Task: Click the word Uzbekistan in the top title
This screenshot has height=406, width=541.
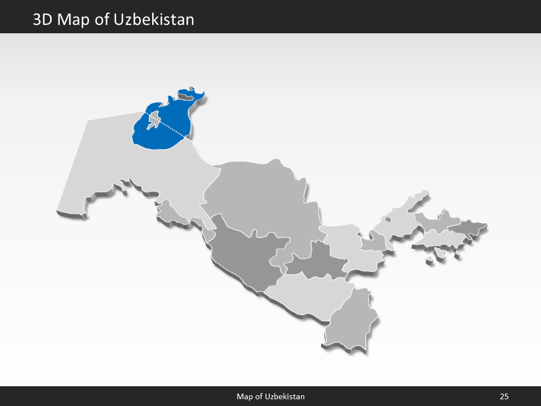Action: (153, 20)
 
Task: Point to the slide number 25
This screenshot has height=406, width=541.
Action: (504, 396)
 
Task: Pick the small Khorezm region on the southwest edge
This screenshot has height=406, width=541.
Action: (169, 211)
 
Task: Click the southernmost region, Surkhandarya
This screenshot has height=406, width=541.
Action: (349, 321)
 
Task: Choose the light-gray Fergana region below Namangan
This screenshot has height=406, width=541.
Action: (437, 240)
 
